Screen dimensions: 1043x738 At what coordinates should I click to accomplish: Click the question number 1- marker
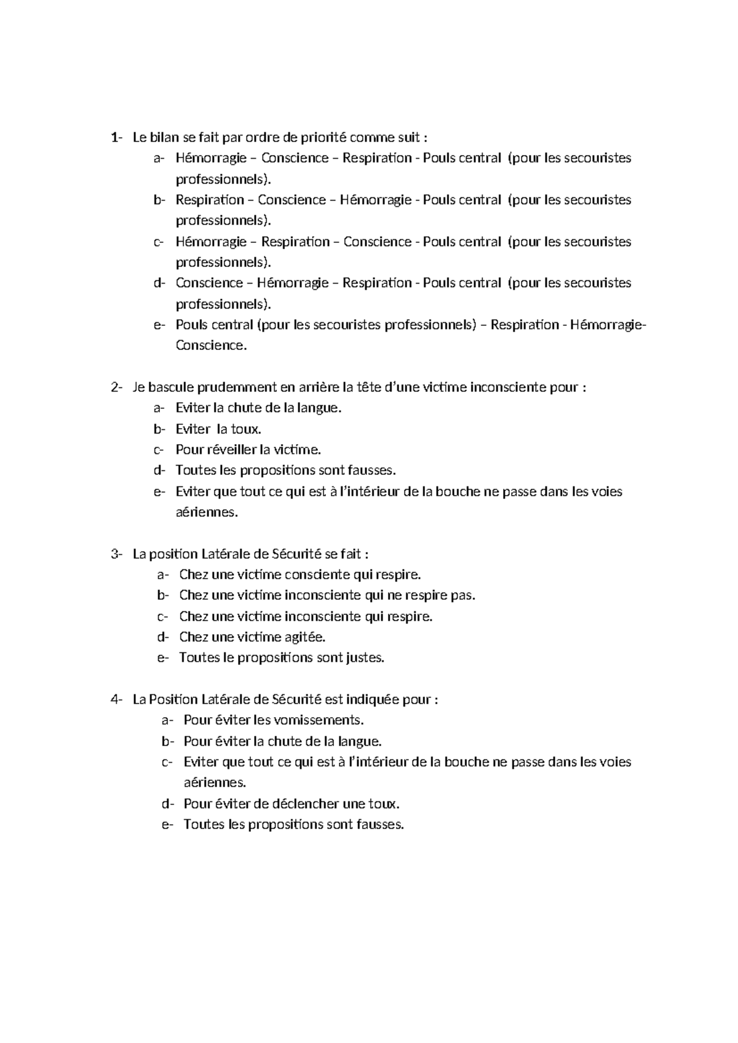116,137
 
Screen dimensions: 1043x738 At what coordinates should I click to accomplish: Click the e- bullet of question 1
159,325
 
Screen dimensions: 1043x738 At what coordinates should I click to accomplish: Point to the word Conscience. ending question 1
211,346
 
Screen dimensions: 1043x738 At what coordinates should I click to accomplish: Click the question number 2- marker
116,387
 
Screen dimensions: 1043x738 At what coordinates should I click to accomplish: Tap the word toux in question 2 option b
245,429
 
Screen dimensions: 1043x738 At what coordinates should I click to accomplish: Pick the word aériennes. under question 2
206,512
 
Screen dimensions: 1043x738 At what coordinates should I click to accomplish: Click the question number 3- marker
116,554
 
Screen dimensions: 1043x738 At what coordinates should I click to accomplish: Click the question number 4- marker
116,700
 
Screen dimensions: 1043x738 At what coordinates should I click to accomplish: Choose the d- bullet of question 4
167,804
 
